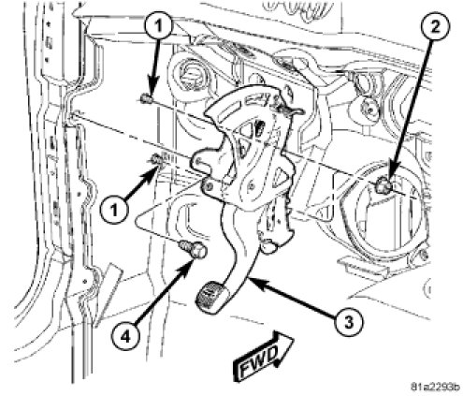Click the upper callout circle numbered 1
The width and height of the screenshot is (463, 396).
pyautogui.click(x=159, y=26)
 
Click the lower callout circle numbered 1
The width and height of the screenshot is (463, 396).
pyautogui.click(x=114, y=210)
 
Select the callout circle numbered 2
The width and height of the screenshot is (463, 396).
pyautogui.click(x=436, y=27)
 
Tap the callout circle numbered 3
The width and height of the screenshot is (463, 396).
pyautogui.click(x=349, y=321)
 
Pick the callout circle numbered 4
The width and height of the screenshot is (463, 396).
pyautogui.click(x=126, y=337)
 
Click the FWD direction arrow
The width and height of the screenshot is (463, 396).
pyautogui.click(x=264, y=356)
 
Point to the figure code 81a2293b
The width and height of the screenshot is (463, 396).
pyautogui.click(x=435, y=388)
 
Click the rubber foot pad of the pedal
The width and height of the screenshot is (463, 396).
pyautogui.click(x=212, y=296)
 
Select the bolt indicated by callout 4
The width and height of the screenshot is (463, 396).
pyautogui.click(x=194, y=249)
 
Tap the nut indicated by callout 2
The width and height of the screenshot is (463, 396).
pyautogui.click(x=383, y=184)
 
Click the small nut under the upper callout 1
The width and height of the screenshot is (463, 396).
pyautogui.click(x=145, y=99)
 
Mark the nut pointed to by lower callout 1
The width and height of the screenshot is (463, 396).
pyautogui.click(x=157, y=160)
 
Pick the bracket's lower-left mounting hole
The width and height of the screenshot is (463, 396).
pyautogui.click(x=207, y=186)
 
